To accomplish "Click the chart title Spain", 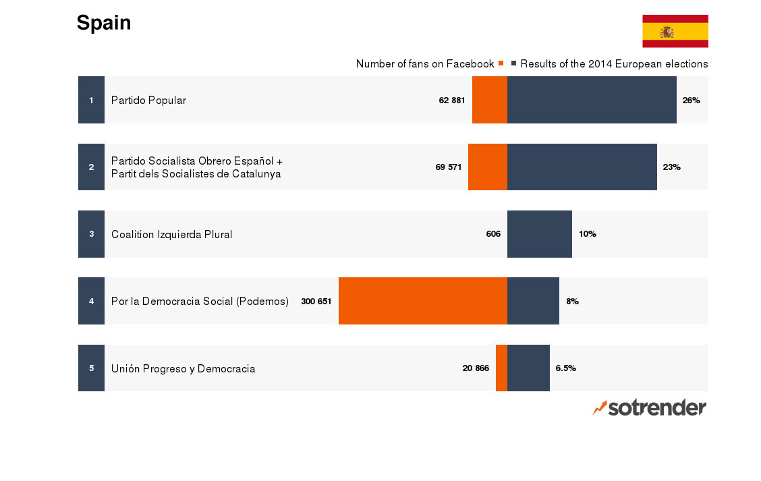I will [x=104, y=23].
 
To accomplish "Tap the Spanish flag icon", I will [x=675, y=31].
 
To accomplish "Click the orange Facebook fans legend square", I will [x=501, y=63].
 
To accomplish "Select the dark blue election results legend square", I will [x=514, y=63].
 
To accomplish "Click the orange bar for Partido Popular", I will [x=490, y=100].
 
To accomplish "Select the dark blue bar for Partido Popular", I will [x=592, y=100].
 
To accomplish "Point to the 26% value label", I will [x=691, y=101].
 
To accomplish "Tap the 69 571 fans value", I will [x=449, y=167].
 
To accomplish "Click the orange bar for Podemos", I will [x=423, y=301].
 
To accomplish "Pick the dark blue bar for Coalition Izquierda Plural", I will [x=540, y=234].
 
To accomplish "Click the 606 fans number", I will [x=493, y=234].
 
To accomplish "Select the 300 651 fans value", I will [x=316, y=302].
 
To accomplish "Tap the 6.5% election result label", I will [x=565, y=368].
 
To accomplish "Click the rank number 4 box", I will [x=91, y=301].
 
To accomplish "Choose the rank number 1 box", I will [x=91, y=100].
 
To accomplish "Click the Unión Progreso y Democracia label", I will [x=183, y=369].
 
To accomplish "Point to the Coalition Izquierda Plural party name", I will [x=171, y=235].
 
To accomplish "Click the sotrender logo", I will [x=650, y=407].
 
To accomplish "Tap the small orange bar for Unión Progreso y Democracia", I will [x=501, y=368].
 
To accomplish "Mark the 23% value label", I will [x=671, y=167].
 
